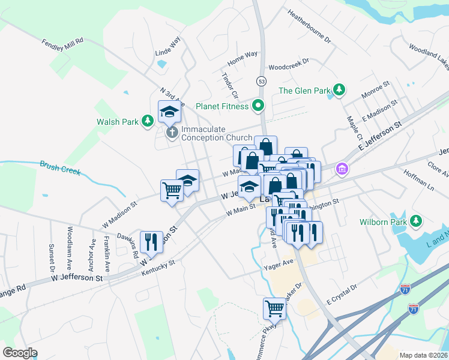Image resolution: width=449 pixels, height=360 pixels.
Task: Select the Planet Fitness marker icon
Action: click(259, 106)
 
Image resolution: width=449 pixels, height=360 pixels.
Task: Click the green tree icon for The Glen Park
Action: click(340, 91)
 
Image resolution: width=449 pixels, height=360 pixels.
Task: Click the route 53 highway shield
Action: click(261, 80)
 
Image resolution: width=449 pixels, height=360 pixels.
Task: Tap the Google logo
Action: click(20, 352)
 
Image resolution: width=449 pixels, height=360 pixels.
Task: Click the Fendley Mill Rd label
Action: click(62, 49)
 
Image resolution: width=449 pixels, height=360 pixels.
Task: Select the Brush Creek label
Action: click(59, 167)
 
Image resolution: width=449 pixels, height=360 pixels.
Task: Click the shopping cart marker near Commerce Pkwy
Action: click(274, 308)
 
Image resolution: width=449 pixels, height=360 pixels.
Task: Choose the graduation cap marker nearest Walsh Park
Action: click(169, 111)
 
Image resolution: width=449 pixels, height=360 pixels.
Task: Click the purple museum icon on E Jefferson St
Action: click(342, 170)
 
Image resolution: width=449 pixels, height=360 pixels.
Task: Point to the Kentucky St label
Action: click(158, 268)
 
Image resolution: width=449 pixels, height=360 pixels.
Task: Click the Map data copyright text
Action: click(423, 355)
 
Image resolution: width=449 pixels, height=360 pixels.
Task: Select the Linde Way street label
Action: click(167, 47)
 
